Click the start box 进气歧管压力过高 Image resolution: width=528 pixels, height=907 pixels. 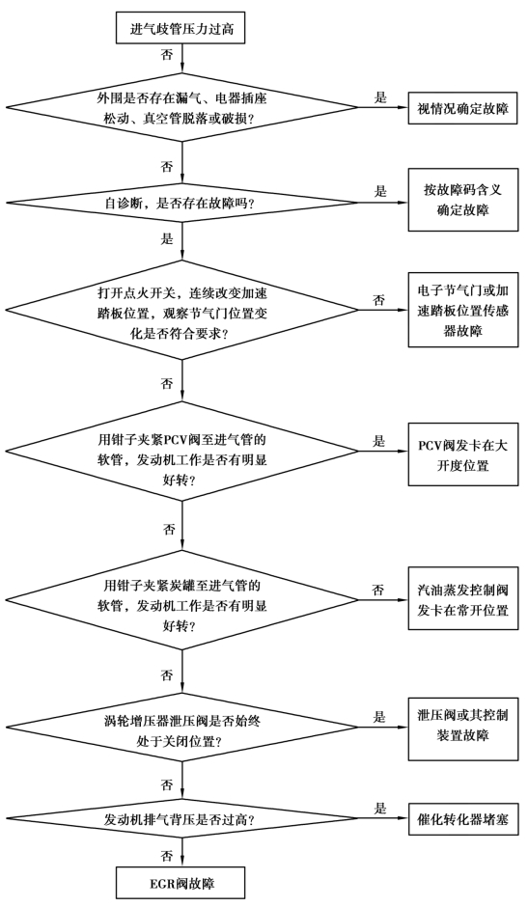(181, 28)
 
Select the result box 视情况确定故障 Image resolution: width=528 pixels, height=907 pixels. (463, 107)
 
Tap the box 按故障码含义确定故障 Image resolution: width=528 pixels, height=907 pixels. (463, 200)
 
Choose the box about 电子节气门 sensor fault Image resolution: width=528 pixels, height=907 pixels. (463, 310)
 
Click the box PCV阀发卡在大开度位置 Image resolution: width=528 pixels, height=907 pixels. (463, 454)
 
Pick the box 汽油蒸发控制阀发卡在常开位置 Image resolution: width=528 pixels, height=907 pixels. (463, 600)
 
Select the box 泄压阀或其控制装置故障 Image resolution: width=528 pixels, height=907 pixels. (463, 726)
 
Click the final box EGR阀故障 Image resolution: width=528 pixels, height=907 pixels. (181, 884)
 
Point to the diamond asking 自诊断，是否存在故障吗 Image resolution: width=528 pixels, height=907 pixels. (181, 203)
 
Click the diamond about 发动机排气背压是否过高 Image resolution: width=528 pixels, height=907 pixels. (181, 818)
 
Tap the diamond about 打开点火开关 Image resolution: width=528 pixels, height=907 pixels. (181, 310)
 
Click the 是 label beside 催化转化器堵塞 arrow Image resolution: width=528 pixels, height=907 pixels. (379, 808)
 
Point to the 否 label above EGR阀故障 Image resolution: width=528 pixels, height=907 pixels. (167, 854)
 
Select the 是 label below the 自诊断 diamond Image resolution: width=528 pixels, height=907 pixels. (167, 238)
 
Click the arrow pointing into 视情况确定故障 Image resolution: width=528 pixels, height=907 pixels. (383, 107)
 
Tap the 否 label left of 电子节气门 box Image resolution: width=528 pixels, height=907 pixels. (378, 300)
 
